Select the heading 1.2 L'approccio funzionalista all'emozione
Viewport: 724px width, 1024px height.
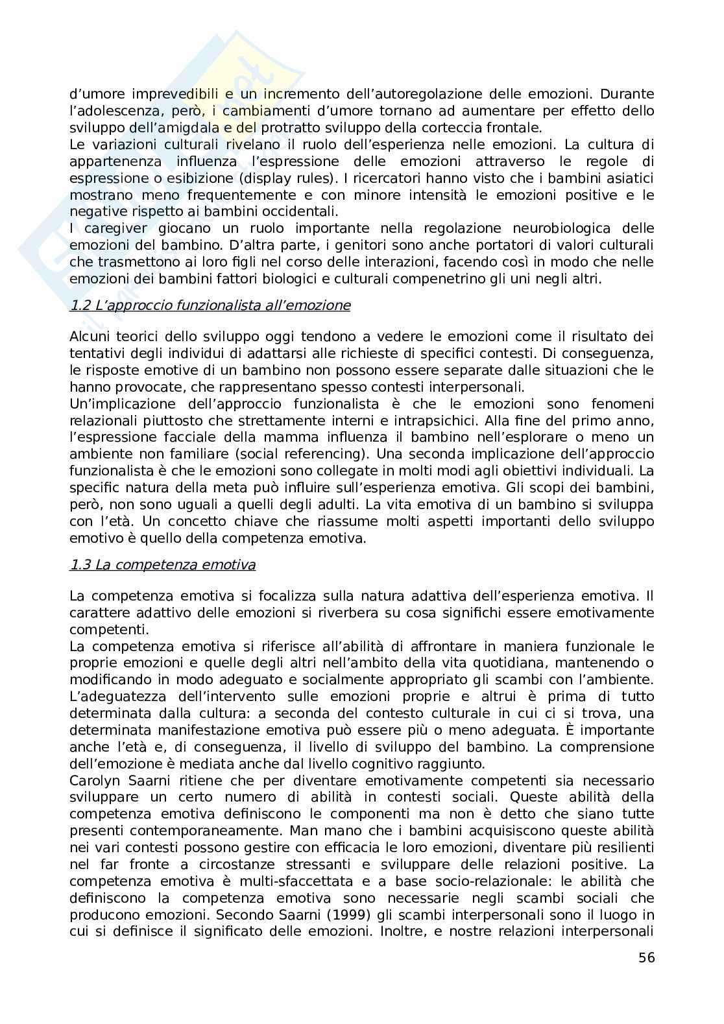[x=210, y=305]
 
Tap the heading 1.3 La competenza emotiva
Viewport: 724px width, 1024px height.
[x=162, y=564]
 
